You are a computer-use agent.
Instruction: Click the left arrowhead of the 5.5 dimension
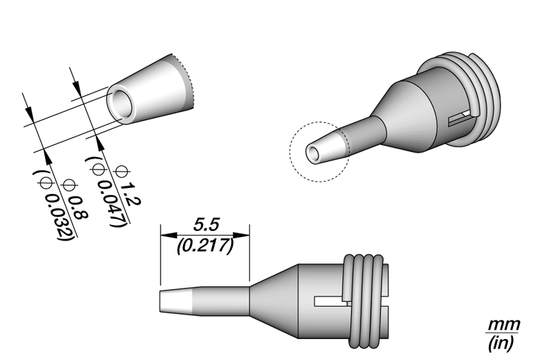[x=164, y=236]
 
